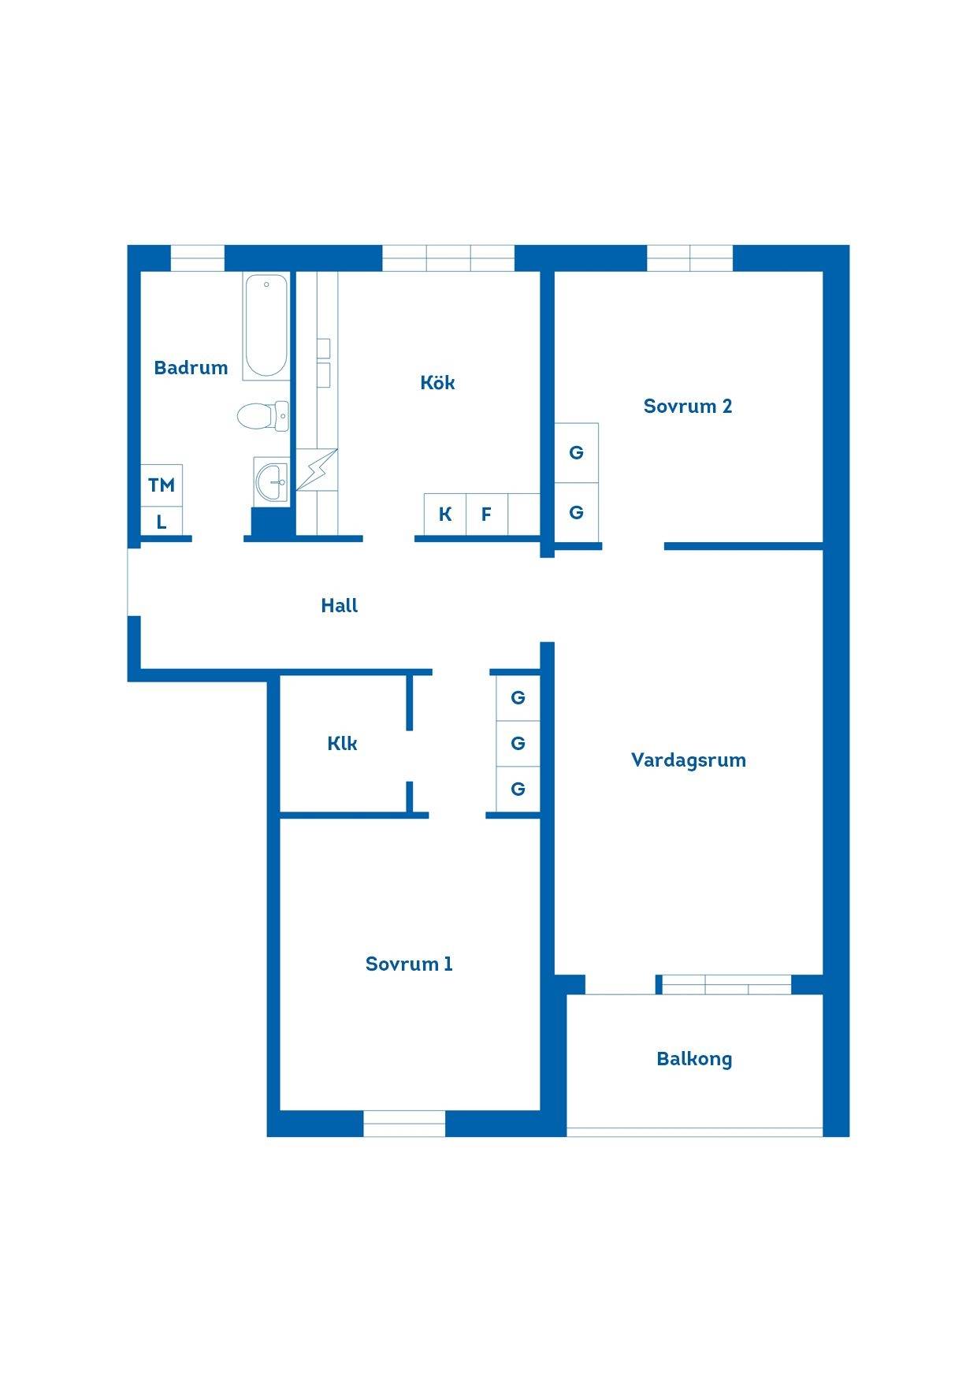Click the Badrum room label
point(191,367)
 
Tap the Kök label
point(437,382)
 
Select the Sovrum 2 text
point(688,406)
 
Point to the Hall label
point(340,605)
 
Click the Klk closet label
point(342,743)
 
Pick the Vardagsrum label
point(689,760)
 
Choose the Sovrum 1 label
point(409,964)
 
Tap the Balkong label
point(694,1059)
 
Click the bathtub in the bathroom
point(266,326)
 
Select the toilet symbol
point(263,416)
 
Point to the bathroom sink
point(271,481)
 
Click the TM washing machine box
point(162,485)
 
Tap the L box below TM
point(162,522)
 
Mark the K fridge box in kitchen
point(445,515)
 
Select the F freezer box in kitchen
point(487,515)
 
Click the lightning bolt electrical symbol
point(317,470)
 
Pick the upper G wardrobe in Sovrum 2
point(576,453)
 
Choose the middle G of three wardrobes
point(518,743)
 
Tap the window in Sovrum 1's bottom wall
point(404,1124)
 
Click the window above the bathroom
point(198,258)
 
